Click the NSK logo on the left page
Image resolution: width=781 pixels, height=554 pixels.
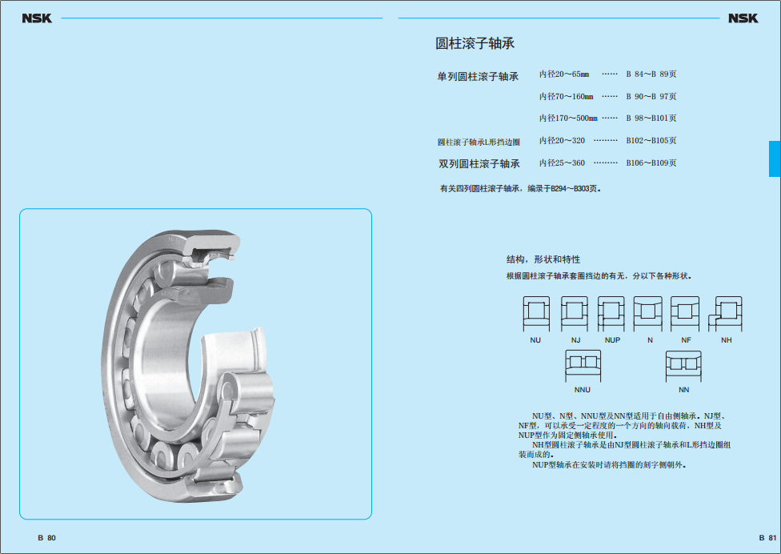[x=37, y=18]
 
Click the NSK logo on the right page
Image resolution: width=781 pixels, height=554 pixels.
[x=743, y=18]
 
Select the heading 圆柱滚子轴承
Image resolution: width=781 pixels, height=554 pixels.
[x=475, y=43]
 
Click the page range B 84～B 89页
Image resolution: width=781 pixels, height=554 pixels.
[x=651, y=74]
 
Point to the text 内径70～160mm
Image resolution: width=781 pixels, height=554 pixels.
[x=567, y=96]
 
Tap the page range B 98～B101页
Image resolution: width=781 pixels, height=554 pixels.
[x=651, y=118]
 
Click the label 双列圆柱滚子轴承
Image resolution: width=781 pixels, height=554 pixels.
[x=479, y=164]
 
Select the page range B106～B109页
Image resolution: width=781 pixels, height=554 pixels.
[x=651, y=163]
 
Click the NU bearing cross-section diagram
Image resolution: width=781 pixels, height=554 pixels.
[x=536, y=314]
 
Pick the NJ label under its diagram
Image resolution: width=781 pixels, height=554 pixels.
[x=576, y=340]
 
